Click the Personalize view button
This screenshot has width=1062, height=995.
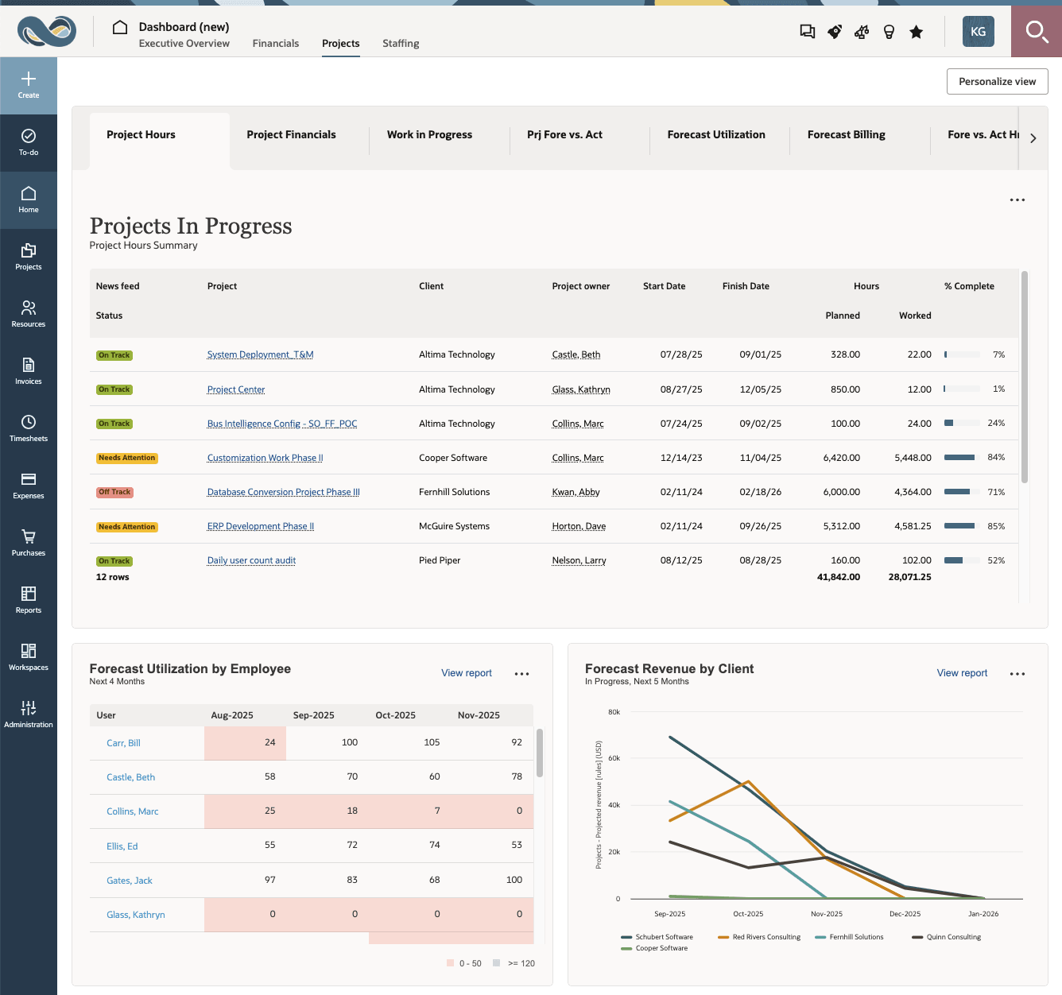(997, 82)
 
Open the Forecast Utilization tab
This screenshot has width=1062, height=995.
(715, 135)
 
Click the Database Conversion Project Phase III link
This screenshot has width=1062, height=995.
(283, 493)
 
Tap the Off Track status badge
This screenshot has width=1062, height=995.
(114, 493)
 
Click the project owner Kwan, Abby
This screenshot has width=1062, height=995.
(576, 493)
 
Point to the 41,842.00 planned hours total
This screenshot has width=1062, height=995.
(838, 577)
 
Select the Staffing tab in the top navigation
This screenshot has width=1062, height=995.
(401, 44)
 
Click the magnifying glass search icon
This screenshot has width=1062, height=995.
(1036, 32)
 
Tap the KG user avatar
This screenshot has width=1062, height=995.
(978, 32)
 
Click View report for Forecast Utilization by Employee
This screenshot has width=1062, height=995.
(467, 673)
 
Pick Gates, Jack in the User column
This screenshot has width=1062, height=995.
(130, 881)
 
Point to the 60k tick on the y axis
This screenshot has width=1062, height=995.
(614, 758)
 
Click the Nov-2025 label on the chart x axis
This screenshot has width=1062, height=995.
(827, 914)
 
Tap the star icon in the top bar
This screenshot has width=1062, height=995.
(917, 32)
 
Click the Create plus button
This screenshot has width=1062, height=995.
(29, 84)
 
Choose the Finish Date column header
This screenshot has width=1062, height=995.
(746, 286)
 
